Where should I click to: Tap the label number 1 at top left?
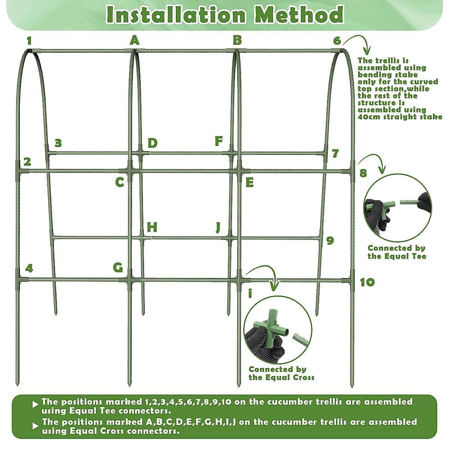(x=29, y=41)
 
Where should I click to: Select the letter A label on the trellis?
(x=134, y=40)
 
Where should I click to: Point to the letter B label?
(x=237, y=40)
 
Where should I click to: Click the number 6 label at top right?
(x=337, y=41)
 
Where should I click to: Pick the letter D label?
(x=152, y=143)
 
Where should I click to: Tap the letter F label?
(x=219, y=141)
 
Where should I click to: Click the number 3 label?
(x=58, y=143)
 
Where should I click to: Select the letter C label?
(x=119, y=182)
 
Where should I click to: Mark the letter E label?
(x=250, y=183)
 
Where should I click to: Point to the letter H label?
(x=152, y=227)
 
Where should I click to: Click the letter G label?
(x=118, y=268)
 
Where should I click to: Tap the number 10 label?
(x=367, y=282)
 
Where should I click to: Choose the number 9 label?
(x=330, y=240)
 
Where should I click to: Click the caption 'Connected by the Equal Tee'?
(x=397, y=252)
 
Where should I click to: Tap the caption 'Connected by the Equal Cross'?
(x=281, y=373)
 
